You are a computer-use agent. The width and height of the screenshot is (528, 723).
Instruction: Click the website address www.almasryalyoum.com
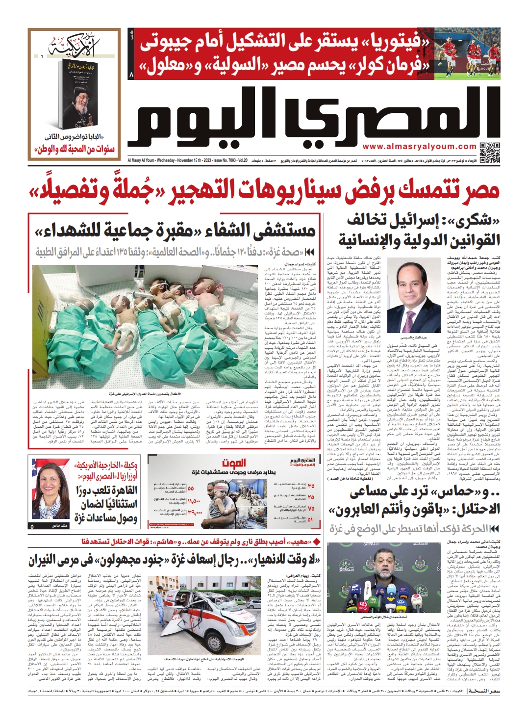click(419, 146)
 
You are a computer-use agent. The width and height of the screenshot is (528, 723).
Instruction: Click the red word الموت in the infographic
click(234, 463)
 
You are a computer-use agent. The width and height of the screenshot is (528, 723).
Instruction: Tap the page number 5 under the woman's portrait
click(32, 526)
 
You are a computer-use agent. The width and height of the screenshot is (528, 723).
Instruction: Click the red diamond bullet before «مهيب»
click(316, 542)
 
